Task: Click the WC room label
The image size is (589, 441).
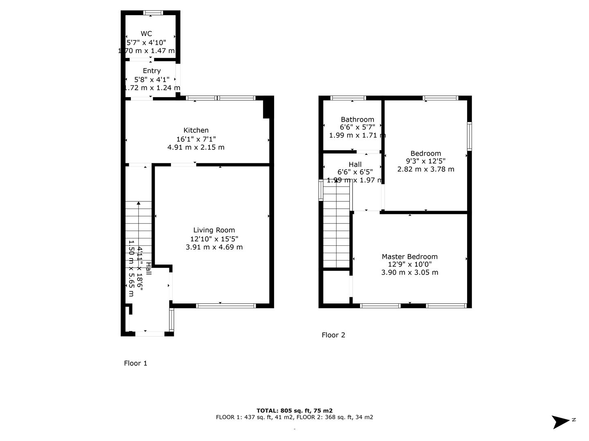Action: pos(146,34)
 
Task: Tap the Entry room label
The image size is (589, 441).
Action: pos(152,71)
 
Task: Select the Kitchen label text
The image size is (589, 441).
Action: pos(196,130)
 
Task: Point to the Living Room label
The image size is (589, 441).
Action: pos(214,230)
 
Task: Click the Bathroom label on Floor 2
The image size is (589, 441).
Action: pos(357,119)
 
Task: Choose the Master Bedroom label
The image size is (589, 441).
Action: pos(409,256)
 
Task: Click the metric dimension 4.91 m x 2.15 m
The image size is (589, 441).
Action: pos(196,147)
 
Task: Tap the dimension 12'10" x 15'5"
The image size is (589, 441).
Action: pos(214,238)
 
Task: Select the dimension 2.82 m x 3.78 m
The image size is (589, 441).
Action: pos(425,169)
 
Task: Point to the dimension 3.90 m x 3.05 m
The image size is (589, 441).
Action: pos(410,272)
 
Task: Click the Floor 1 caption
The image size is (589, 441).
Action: pos(135,363)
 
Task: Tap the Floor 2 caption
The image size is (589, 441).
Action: pos(333,335)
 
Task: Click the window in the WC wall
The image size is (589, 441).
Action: pos(153,13)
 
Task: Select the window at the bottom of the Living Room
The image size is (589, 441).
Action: pos(226,306)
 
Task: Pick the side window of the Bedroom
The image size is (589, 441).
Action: pos(469,136)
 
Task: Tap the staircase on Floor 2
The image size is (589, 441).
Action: pos(336,227)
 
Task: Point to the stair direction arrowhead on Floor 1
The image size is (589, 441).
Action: pos(139,203)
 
